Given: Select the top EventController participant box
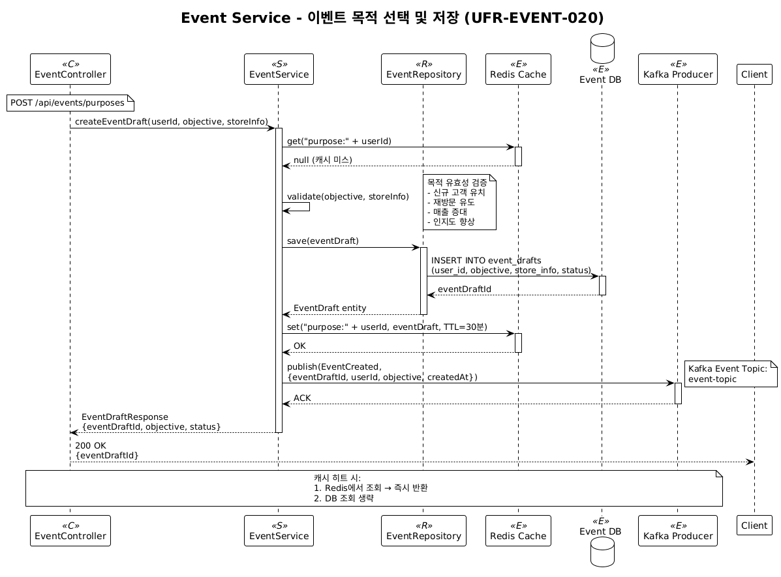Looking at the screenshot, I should click(70, 69).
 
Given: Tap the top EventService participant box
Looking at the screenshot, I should click(279, 69).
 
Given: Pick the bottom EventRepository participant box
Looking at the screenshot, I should click(423, 531).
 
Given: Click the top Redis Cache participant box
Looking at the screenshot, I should click(518, 69).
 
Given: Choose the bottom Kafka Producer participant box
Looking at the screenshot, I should click(677, 531).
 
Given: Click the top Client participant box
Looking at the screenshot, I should click(754, 74).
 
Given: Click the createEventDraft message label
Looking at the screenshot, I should click(171, 122).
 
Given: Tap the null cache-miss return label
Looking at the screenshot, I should click(323, 160).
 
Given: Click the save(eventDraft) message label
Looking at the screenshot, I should click(323, 241).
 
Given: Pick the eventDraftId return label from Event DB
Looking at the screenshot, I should click(465, 289).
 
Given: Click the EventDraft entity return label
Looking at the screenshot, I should click(330, 308).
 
